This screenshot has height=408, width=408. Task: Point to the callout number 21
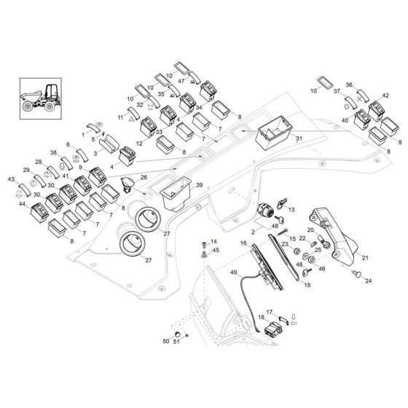pyautogui.click(x=365, y=257)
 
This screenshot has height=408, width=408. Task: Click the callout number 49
pyautogui.click(x=235, y=272)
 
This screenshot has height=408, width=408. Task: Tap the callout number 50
pyautogui.click(x=165, y=341)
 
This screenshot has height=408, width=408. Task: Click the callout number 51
pyautogui.click(x=177, y=341)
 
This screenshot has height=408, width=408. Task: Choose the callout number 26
pyautogui.click(x=144, y=177)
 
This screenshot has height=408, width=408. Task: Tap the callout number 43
pyautogui.click(x=11, y=178)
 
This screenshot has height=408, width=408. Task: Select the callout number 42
pyautogui.click(x=385, y=95)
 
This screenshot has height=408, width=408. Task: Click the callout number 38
pyautogui.click(x=53, y=152)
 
